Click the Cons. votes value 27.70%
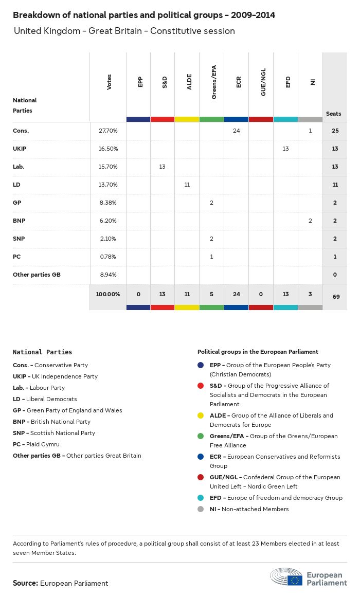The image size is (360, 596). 108,131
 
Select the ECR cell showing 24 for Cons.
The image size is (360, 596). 237,131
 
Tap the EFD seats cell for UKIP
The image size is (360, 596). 285,149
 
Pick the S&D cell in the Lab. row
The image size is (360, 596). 163,167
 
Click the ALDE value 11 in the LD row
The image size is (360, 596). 187,185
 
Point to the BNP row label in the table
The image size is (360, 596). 20,221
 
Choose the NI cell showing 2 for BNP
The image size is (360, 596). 310,221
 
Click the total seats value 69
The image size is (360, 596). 335,297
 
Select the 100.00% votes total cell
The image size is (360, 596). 108,294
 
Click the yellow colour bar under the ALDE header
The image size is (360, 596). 187,119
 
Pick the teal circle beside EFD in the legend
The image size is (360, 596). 201,498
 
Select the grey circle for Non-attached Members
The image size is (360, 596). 201,509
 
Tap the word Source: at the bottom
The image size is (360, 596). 25,583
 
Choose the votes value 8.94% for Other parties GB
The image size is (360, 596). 108,275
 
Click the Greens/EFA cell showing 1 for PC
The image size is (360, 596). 212,257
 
